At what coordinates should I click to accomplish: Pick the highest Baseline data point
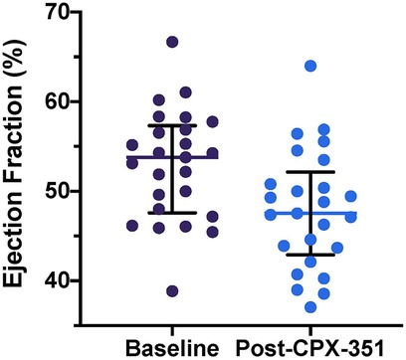(172, 43)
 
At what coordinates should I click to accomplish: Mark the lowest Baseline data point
(172, 291)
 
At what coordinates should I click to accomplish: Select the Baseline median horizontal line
(172, 157)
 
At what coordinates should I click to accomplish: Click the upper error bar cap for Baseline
(172, 125)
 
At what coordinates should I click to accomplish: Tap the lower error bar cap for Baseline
(172, 213)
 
